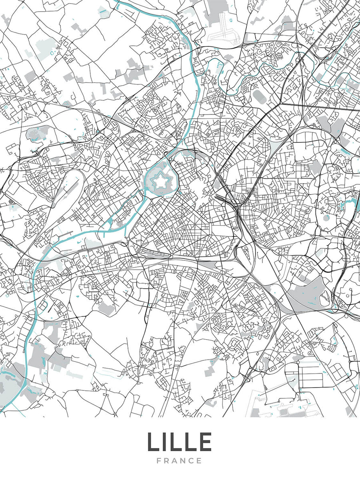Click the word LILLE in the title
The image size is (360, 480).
[180, 442]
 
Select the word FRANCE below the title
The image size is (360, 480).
[180, 461]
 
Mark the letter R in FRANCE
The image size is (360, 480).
[167, 461]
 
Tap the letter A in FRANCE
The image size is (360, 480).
[176, 461]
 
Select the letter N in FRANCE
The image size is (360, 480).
[184, 461]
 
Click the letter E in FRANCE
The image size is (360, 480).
[200, 461]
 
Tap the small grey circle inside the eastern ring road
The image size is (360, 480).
[326, 218]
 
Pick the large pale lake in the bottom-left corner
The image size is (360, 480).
[8, 382]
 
